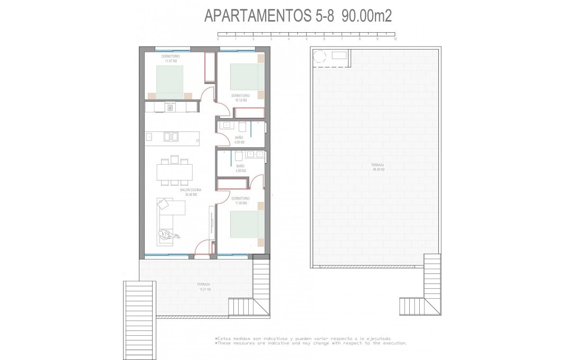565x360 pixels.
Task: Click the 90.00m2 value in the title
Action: [x=366, y=16]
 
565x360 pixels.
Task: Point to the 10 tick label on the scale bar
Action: [x=395, y=40]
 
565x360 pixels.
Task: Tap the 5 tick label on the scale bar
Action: [x=306, y=40]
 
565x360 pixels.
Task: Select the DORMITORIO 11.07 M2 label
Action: [x=171, y=59]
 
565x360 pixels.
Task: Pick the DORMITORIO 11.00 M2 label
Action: [x=240, y=201]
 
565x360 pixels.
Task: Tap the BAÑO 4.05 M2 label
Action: [x=240, y=140]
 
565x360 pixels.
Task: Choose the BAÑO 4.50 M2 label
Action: [x=240, y=168]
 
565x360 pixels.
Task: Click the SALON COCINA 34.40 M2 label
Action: [x=191, y=192]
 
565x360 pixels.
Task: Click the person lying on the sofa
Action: [x=168, y=234]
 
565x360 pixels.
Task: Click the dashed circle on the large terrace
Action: [x=320, y=57]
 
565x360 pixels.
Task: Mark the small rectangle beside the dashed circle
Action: [x=339, y=55]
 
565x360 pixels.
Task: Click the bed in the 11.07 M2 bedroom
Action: [x=170, y=81]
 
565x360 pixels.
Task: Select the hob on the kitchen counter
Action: [x=171, y=107]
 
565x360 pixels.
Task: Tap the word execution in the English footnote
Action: [x=390, y=343]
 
